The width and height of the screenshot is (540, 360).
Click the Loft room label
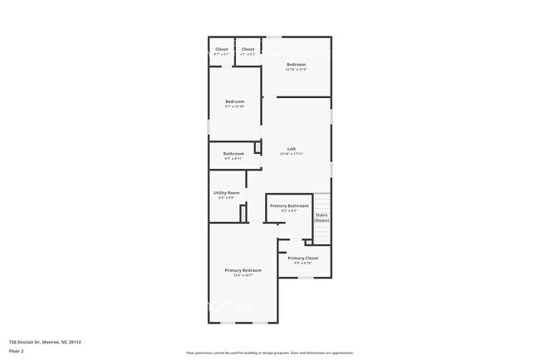pos(292,149)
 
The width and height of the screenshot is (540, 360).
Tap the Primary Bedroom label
pos(243,270)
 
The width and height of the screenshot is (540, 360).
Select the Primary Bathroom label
pos(289,205)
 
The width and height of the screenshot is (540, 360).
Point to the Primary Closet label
pos(302,259)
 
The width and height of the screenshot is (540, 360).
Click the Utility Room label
pos(227,193)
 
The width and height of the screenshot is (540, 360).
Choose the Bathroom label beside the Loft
pos(233,153)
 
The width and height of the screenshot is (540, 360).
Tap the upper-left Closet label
pos(222,49)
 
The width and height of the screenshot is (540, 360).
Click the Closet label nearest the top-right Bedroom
pos(248,49)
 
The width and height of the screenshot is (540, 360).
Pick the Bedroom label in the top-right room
pos(297,64)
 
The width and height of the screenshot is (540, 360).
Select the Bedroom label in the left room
pos(234,101)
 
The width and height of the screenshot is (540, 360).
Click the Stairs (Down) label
pos(322,218)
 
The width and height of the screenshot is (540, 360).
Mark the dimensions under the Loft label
pos(292,154)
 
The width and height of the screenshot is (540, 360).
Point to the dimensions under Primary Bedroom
pos(243,275)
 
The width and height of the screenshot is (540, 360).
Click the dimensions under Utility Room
pos(227,198)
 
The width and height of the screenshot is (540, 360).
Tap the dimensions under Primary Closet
pos(302,264)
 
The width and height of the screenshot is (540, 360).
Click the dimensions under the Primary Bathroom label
pos(289,210)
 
